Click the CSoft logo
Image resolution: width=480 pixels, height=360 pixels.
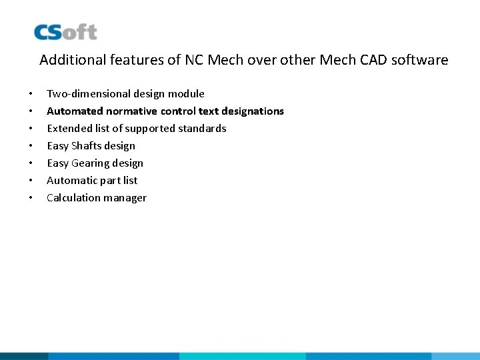[65, 32]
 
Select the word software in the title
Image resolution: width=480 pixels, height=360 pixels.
[420, 60]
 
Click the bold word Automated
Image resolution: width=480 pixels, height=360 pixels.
[74, 111]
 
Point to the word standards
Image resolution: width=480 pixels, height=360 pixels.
[202, 129]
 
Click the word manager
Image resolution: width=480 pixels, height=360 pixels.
[125, 198]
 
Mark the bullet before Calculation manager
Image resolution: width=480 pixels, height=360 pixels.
[31, 198]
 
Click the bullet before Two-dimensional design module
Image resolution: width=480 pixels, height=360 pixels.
[31, 94]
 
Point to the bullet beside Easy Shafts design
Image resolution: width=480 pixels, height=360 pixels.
[31, 146]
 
